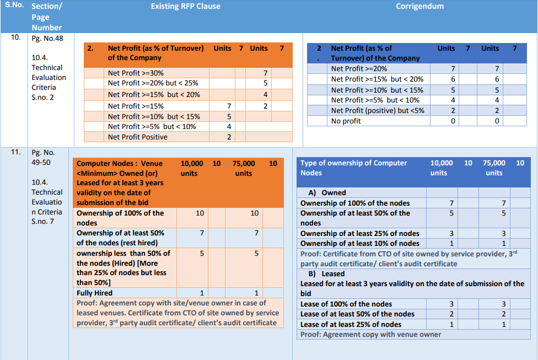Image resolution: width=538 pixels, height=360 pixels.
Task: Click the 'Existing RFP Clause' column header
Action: pos(185,7)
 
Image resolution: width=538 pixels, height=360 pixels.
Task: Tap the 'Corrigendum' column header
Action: pos(419,7)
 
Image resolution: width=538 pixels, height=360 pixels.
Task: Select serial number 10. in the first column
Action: pos(15,37)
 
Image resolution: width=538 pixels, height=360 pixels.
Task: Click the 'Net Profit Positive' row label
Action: pos(138,137)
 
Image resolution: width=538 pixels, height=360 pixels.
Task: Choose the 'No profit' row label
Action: pos(346,121)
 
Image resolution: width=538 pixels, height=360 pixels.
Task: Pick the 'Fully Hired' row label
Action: pos(94,293)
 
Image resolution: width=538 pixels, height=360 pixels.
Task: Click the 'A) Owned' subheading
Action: pos(327,192)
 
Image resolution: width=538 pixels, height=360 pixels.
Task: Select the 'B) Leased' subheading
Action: pos(326,273)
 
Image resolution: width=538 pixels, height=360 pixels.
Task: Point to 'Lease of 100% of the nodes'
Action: pos(346,304)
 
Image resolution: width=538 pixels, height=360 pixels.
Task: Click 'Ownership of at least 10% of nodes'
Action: pos(359,243)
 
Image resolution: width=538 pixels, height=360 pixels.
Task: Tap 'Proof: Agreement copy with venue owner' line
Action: pos(370,334)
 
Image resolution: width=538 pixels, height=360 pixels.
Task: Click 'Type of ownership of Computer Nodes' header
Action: pos(353,168)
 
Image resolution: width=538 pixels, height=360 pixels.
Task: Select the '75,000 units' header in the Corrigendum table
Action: pos(494,168)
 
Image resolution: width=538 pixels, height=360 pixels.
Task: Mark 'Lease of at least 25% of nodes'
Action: pos(351,324)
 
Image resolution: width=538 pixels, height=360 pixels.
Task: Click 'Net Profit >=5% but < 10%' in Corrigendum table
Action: pos(375,100)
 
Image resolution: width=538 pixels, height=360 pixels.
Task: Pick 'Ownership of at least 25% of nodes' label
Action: pos(359,233)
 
